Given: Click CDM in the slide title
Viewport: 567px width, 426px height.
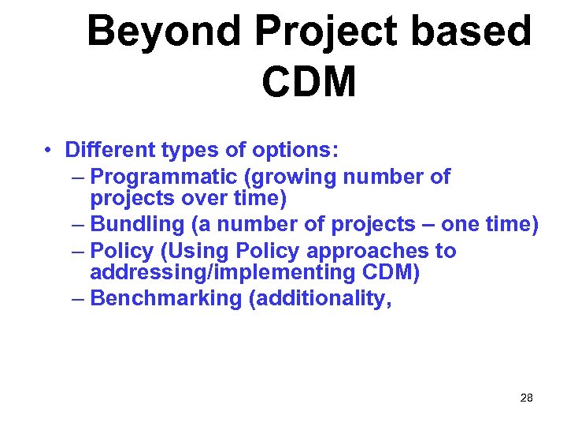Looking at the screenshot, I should click(x=309, y=81).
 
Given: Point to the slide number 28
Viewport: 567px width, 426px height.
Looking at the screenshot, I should click(x=527, y=398).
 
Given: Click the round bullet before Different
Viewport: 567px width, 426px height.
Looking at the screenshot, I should click(x=49, y=150).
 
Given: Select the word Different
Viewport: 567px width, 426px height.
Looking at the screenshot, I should click(x=111, y=150).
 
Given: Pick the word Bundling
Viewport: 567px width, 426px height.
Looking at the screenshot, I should click(x=137, y=224).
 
